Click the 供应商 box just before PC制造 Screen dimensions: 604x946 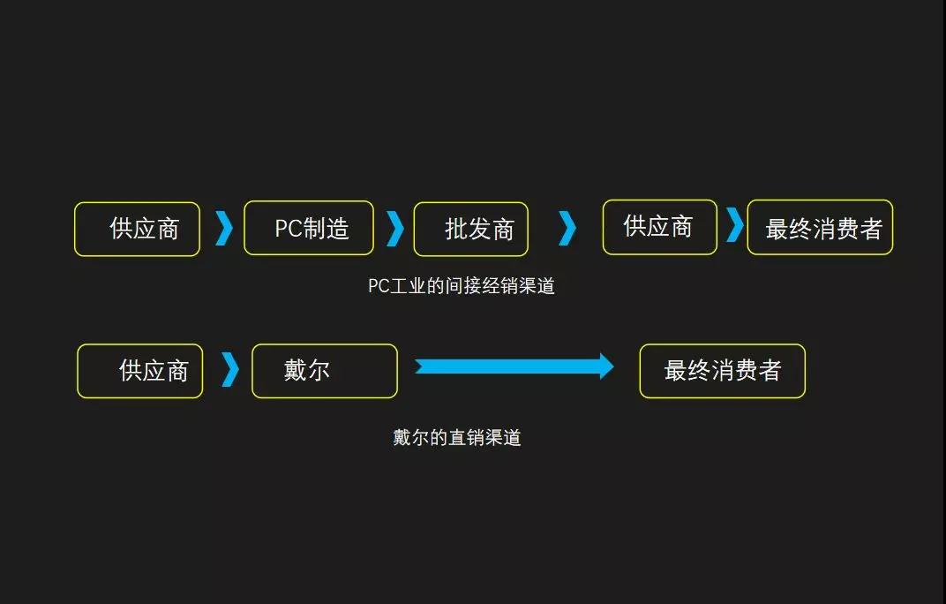(137, 230)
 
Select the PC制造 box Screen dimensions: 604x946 (309, 228)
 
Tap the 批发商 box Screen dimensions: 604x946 (471, 230)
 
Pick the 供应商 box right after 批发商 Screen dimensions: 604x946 (659, 227)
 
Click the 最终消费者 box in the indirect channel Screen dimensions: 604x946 (820, 228)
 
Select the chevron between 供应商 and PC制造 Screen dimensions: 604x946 (224, 229)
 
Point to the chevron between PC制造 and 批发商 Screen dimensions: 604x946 (394, 229)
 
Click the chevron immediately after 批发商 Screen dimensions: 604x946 (567, 229)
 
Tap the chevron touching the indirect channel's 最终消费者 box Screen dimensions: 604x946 (734, 225)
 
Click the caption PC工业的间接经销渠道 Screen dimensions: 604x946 (462, 286)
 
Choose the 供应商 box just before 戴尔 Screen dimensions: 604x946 (140, 371)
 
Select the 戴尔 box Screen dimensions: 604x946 (325, 371)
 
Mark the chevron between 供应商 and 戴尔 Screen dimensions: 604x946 (229, 370)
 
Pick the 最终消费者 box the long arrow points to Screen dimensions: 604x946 (722, 371)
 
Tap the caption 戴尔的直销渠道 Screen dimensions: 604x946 (457, 438)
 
